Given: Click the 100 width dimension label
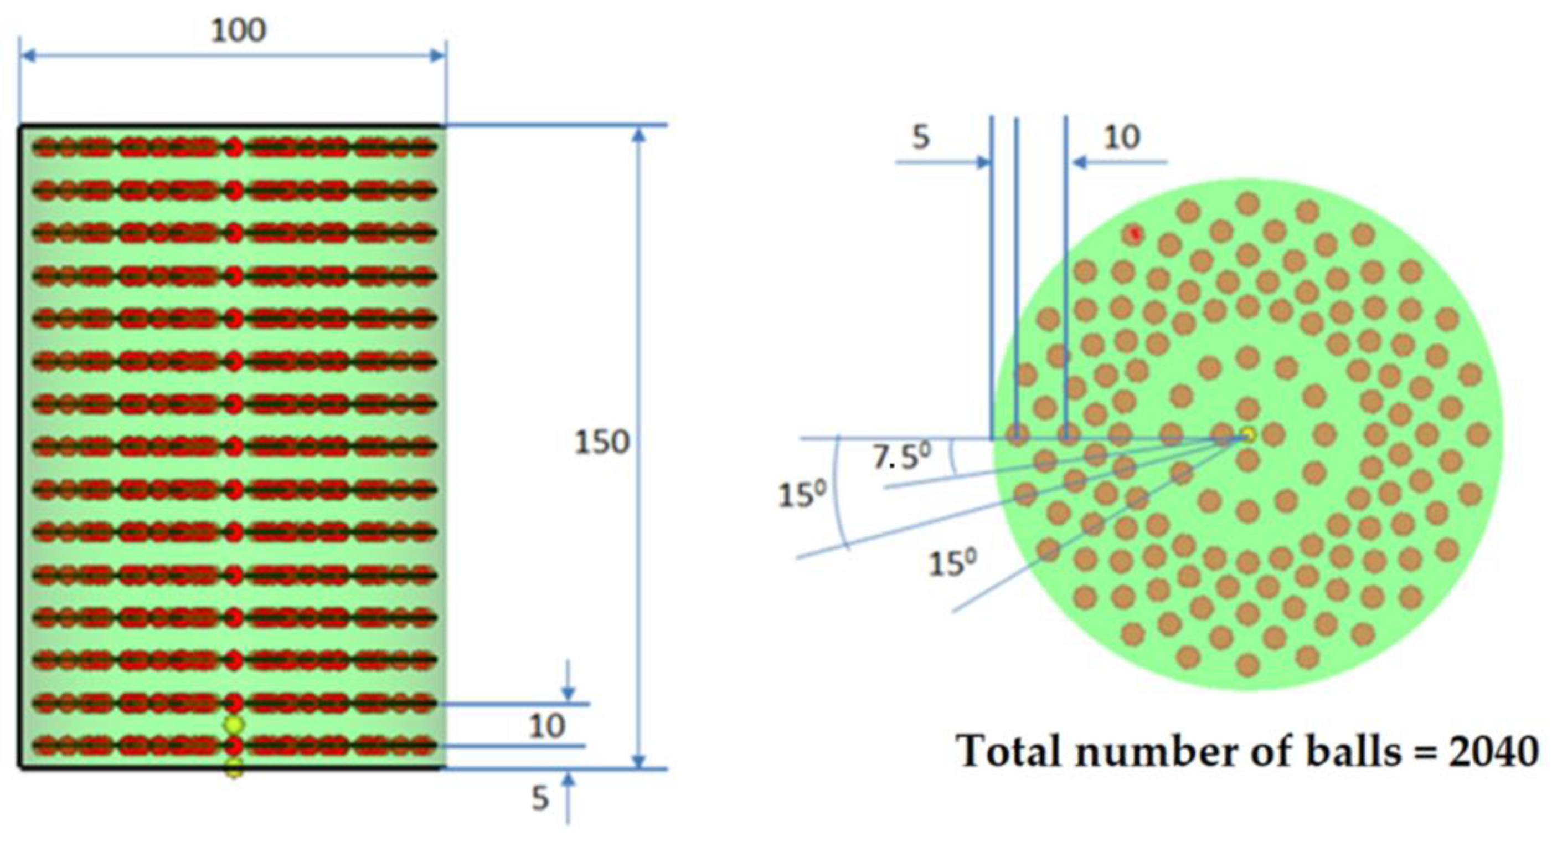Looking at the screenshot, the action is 239,30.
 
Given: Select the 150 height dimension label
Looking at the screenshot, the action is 601,442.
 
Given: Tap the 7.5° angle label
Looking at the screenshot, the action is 901,456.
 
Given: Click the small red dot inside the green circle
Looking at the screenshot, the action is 1135,234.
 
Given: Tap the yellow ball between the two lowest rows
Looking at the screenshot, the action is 234,724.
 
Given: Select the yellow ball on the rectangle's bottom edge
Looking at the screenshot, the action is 234,768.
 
